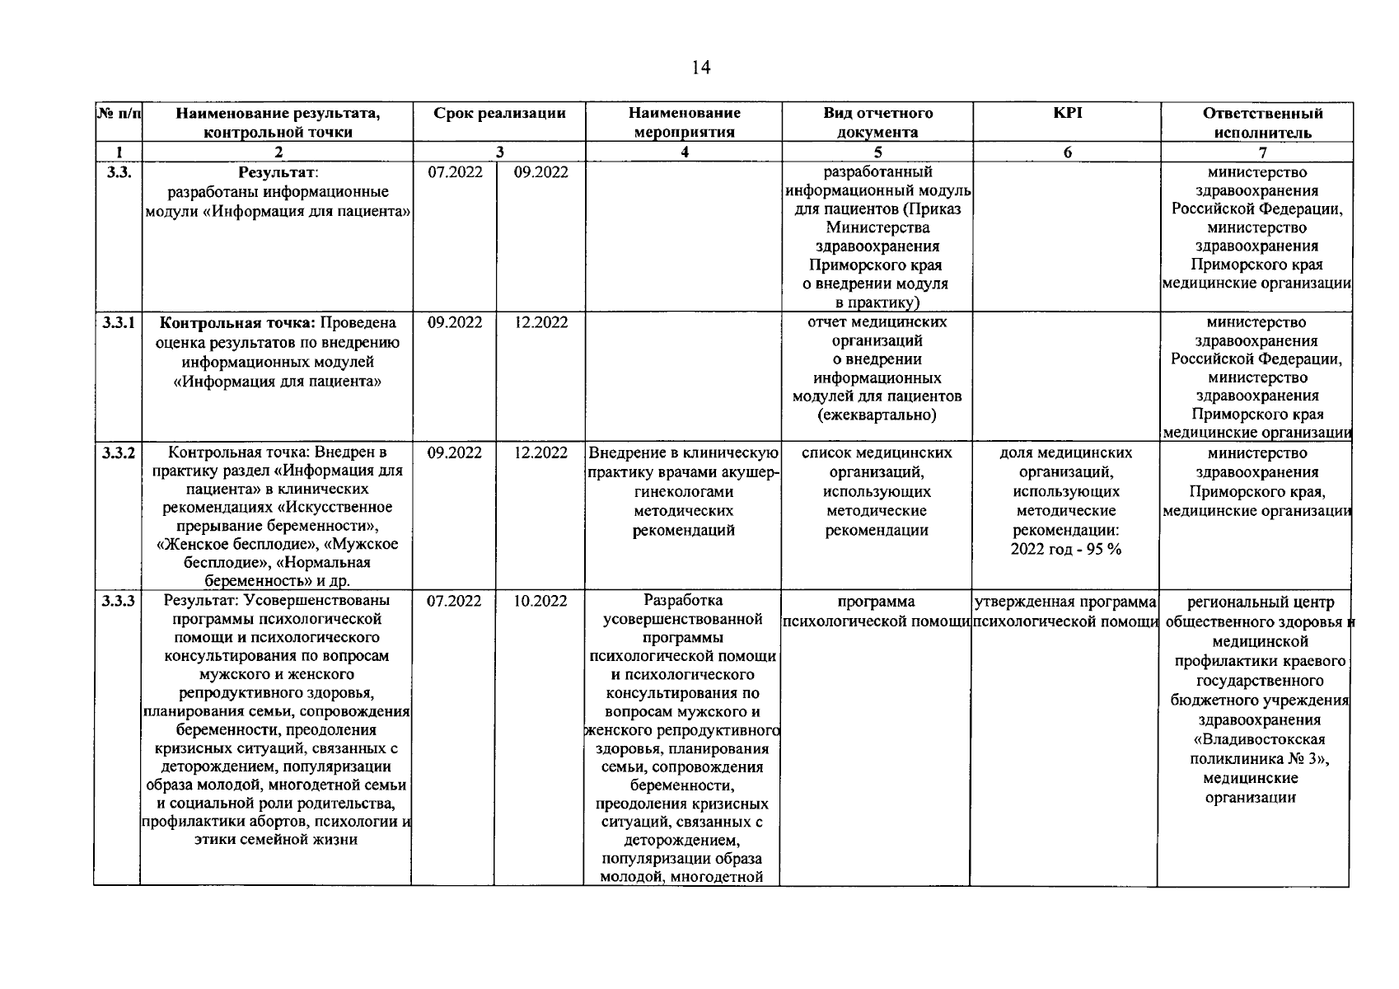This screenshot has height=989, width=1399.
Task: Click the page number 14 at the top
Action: coord(701,68)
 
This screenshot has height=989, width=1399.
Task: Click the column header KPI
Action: coord(1067,113)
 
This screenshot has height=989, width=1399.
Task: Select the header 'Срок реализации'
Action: coord(499,113)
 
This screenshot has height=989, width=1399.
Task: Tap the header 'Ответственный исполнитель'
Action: coord(1262,122)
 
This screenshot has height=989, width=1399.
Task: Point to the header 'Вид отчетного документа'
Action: coord(877,122)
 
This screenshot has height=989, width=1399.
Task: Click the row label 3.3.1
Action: coord(119,323)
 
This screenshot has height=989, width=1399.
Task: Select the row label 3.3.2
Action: coord(119,453)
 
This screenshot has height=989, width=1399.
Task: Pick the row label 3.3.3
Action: coord(119,602)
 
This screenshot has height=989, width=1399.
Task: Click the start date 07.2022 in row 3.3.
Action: coord(455,172)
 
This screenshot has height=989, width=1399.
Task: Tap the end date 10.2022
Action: coord(540,602)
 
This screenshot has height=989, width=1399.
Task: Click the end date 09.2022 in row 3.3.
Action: coord(540,172)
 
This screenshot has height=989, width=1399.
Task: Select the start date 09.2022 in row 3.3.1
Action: coord(455,323)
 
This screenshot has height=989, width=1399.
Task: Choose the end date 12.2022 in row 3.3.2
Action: coord(540,453)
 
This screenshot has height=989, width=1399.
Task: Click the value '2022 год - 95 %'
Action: coord(1065,549)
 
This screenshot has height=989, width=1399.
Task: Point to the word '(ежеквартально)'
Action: coord(877,415)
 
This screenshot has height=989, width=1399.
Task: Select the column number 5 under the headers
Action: coord(877,152)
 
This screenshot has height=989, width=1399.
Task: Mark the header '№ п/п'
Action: coord(119,113)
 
